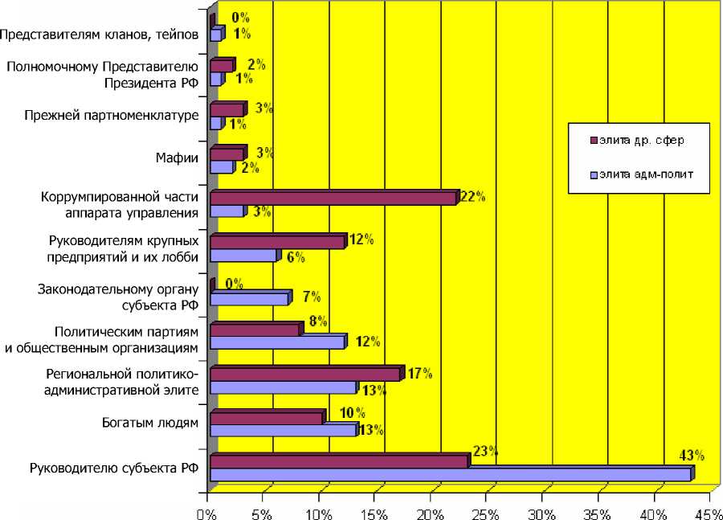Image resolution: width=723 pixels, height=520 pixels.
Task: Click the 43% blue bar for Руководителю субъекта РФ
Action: (x=450, y=475)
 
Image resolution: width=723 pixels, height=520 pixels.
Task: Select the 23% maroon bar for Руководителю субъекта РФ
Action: (x=338, y=461)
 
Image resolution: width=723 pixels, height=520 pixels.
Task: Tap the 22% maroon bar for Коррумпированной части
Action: (x=333, y=198)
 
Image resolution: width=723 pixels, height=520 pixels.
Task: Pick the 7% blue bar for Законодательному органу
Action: (x=249, y=299)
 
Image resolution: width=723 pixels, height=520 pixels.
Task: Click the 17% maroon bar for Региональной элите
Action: (x=305, y=374)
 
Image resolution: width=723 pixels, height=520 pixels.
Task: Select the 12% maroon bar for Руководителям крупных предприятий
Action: (x=277, y=242)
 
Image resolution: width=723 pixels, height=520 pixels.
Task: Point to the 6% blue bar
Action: (x=243, y=256)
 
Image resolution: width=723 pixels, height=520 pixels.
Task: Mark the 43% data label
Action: (x=692, y=456)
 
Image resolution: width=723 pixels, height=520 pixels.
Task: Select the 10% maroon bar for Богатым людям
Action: (x=266, y=418)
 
